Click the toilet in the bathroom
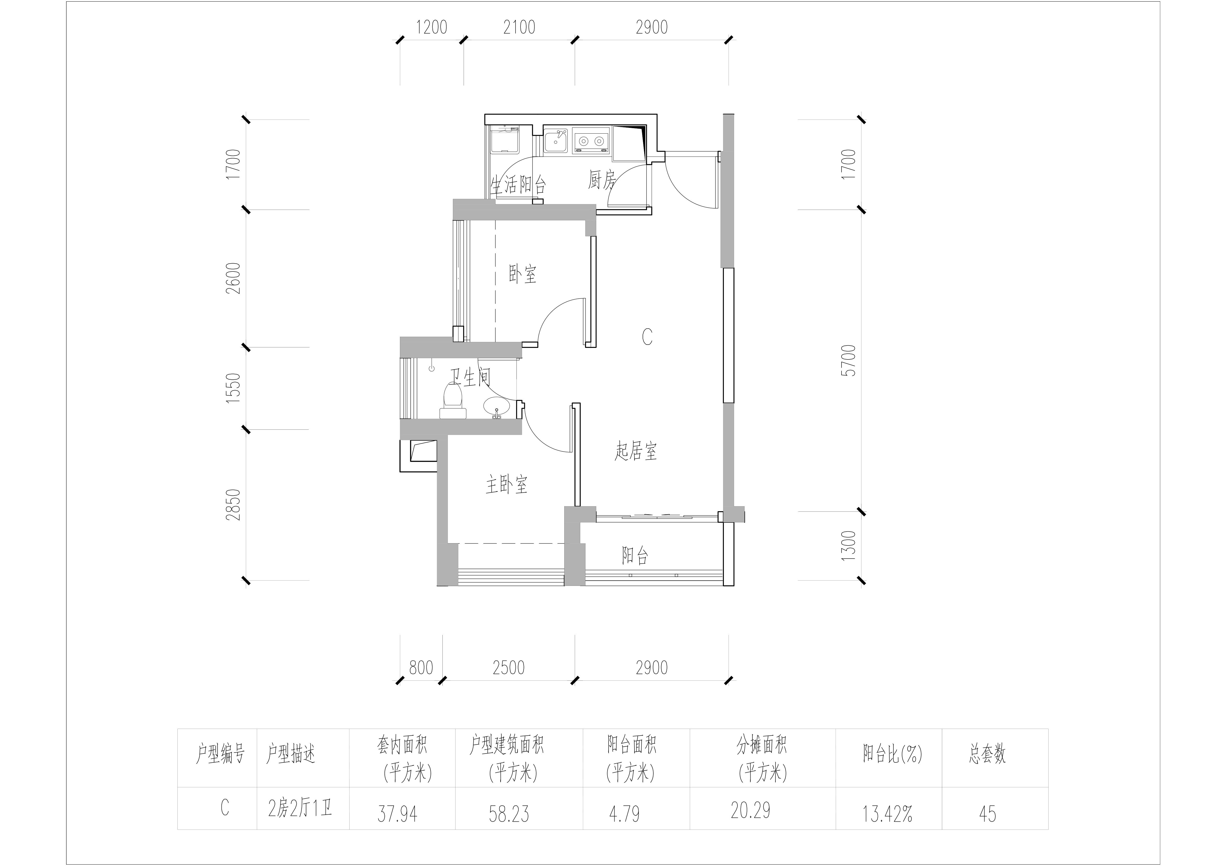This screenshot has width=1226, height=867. point(453,400)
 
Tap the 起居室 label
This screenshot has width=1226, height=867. point(636,451)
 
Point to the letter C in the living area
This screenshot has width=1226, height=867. point(647,337)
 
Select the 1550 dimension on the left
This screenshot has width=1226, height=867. point(233,388)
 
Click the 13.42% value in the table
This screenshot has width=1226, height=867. point(887,814)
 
